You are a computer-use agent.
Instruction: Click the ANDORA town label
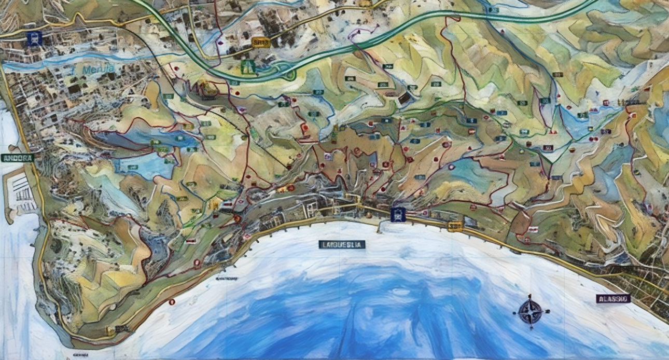17,158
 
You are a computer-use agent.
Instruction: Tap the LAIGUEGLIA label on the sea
342,244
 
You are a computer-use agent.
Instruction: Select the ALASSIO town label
613,299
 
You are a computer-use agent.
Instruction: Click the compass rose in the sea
531,312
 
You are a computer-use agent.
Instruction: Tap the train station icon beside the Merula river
34,38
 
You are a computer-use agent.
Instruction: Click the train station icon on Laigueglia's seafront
398,214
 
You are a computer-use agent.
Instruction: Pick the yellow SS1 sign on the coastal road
455,226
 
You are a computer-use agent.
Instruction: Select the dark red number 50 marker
548,148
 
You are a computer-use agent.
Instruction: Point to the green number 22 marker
318,92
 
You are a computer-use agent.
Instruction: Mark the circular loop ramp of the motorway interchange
286,74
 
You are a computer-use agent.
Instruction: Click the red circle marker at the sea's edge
172,301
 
